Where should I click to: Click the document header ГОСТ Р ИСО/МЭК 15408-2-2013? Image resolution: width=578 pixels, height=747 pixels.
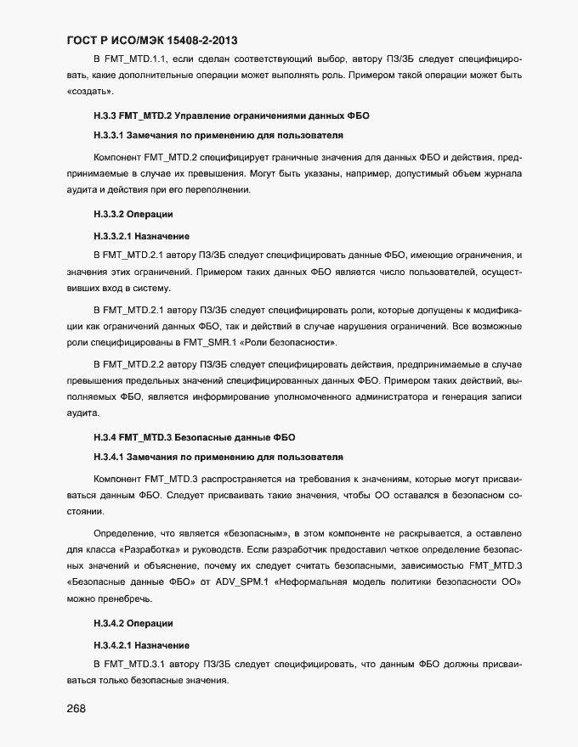click(x=156, y=40)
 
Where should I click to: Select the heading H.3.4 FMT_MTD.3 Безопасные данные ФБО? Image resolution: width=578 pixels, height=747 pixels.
click(x=194, y=438)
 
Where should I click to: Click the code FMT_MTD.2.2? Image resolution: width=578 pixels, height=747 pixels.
click(x=134, y=363)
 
